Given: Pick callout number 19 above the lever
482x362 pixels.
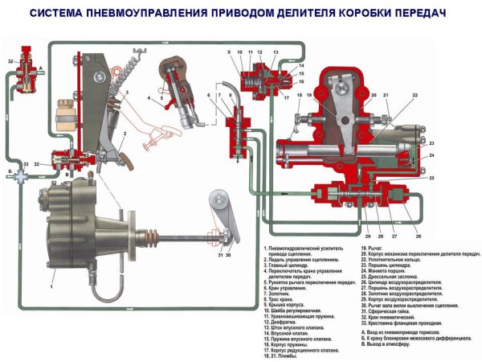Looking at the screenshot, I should click(x=307, y=96).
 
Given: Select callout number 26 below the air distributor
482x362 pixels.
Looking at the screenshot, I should click(x=418, y=237).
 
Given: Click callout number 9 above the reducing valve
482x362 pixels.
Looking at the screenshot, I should click(x=229, y=53).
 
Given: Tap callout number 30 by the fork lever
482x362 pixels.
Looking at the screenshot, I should click(x=229, y=256).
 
